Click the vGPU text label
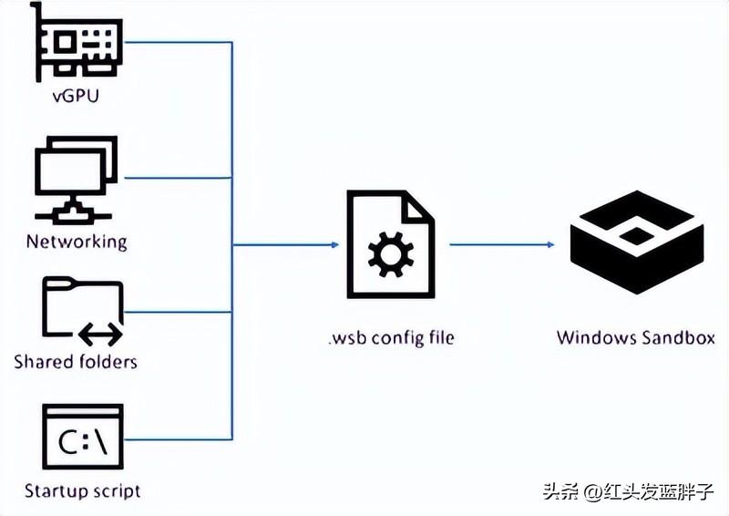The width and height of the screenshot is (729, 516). [76, 95]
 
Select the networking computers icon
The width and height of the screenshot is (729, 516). [76, 180]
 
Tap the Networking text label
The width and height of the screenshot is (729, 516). [77, 243]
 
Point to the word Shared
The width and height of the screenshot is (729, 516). [41, 362]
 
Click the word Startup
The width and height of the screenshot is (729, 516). [53, 491]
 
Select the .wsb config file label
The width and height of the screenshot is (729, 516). [390, 338]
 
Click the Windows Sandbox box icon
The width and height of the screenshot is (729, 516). [635, 244]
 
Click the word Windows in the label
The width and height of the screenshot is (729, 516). [590, 338]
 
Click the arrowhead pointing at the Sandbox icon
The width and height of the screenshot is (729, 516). [549, 244]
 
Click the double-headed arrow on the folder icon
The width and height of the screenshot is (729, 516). [100, 335]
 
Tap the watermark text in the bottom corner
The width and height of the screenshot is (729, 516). [628, 492]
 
